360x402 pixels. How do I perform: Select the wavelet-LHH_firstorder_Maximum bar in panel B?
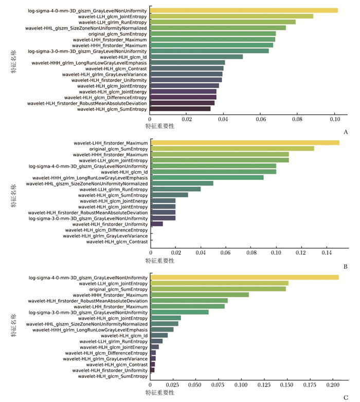click(x=245, y=142)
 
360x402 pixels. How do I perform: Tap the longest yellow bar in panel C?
click(x=244, y=277)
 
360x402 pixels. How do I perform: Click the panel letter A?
click(x=346, y=132)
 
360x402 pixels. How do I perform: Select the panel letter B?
click(x=346, y=266)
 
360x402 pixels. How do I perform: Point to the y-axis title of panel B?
click(x=14, y=196)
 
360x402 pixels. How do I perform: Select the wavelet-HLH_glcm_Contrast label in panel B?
click(x=117, y=242)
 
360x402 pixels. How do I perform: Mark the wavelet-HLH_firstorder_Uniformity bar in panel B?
click(x=157, y=224)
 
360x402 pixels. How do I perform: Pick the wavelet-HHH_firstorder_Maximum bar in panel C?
click(x=200, y=295)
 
